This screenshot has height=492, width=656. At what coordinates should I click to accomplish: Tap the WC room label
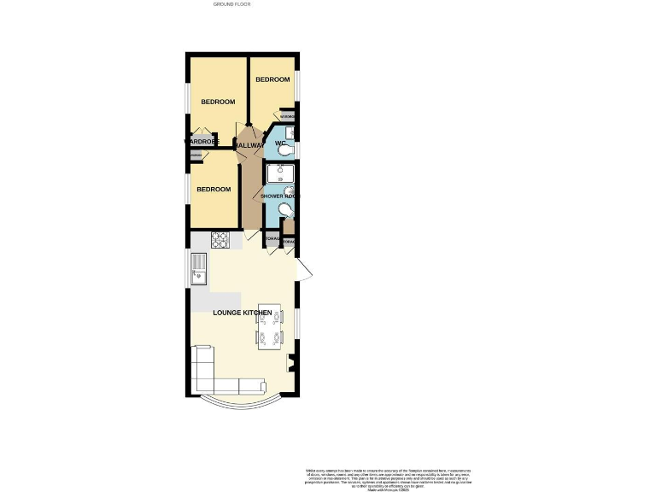[x=279, y=143]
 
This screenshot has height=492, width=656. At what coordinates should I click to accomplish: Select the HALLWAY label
[x=249, y=146]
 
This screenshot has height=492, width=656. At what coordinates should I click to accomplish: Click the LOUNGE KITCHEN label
[x=243, y=313]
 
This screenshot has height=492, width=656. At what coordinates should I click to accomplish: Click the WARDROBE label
[x=202, y=141]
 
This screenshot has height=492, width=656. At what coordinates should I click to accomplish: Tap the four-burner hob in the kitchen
[x=220, y=240]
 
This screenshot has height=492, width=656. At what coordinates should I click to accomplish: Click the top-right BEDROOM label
[x=272, y=79]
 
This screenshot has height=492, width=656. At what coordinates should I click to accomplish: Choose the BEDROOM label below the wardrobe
[x=214, y=189]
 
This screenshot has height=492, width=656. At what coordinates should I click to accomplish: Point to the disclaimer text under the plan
[x=388, y=478]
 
